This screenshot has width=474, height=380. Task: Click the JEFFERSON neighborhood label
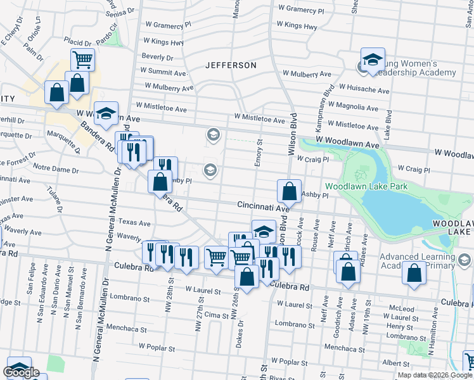(231, 65)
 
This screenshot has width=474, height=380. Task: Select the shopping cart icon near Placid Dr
(82, 60)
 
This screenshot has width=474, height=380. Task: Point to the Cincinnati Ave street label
(263, 206)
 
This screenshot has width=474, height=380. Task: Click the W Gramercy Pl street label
(301, 9)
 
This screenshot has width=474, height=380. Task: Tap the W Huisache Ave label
(364, 91)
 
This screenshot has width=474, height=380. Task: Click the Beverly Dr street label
(158, 56)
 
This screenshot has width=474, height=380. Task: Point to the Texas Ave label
(135, 223)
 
